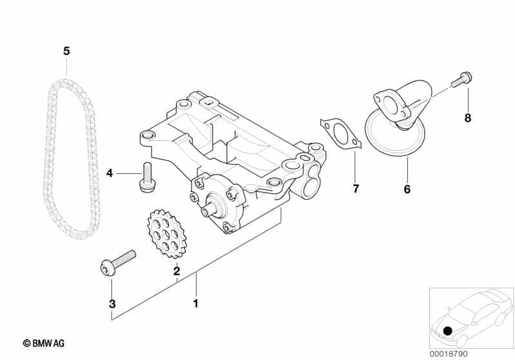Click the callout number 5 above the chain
pyautogui.click(x=66, y=51)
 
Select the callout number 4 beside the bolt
pyautogui.click(x=110, y=173)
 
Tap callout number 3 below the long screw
pyautogui.click(x=112, y=304)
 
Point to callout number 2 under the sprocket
pyautogui.click(x=177, y=271)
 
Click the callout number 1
pyautogui.click(x=196, y=303)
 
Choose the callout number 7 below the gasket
pyautogui.click(x=356, y=189)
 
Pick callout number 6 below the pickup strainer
pyautogui.click(x=407, y=189)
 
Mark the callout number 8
pyautogui.click(x=468, y=118)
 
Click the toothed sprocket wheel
pyautogui.click(x=167, y=234)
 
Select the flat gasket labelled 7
pyautogui.click(x=340, y=135)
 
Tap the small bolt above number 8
pyautogui.click(x=462, y=79)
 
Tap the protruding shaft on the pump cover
pyautogui.click(x=208, y=210)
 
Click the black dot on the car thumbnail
pyautogui.click(x=447, y=330)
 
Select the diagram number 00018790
pyautogui.click(x=449, y=354)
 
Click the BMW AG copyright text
pyautogui.click(x=44, y=343)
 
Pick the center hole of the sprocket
pyautogui.click(x=167, y=234)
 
